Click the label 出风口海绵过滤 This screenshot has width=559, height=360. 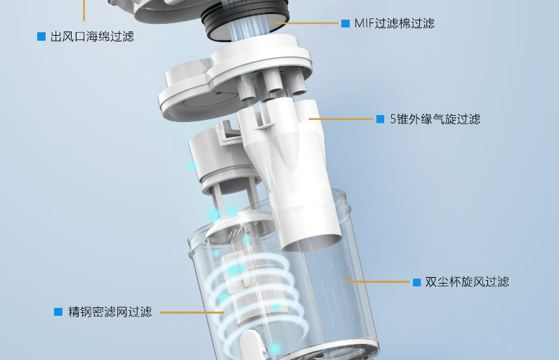(92, 36)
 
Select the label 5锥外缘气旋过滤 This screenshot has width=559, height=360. (435, 119)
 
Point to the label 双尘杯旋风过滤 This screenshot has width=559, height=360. (466, 282)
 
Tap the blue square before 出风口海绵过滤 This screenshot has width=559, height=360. (41, 36)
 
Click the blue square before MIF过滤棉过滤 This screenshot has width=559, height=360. (345, 23)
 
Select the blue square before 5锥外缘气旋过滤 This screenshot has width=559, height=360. (380, 119)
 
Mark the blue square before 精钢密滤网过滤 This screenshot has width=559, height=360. (58, 312)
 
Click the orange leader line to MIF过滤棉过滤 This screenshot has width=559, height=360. (309, 23)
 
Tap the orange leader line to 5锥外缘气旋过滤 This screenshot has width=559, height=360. (341, 119)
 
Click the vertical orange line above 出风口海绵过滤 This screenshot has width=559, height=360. (84, 10)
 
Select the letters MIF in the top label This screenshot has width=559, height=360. (364, 23)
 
